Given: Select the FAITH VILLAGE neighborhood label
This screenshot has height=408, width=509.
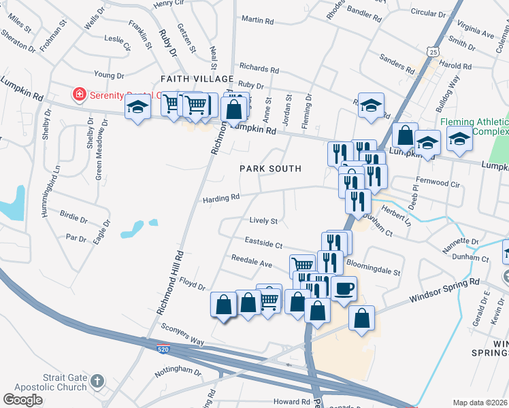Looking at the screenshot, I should (x=192, y=80).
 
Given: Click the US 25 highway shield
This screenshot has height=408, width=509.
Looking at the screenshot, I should (x=433, y=51).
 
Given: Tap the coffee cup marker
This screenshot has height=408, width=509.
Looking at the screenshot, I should (x=344, y=288).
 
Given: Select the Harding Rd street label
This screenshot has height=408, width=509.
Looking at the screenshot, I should (x=221, y=199).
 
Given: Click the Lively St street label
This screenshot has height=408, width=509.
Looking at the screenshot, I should (x=264, y=221).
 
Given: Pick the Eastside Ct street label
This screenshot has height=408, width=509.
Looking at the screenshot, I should (x=263, y=243).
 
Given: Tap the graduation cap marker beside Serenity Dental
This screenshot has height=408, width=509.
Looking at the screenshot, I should (x=137, y=108).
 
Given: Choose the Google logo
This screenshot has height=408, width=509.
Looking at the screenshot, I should (x=22, y=400).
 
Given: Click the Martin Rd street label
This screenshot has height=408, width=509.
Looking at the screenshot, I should (x=257, y=20).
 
